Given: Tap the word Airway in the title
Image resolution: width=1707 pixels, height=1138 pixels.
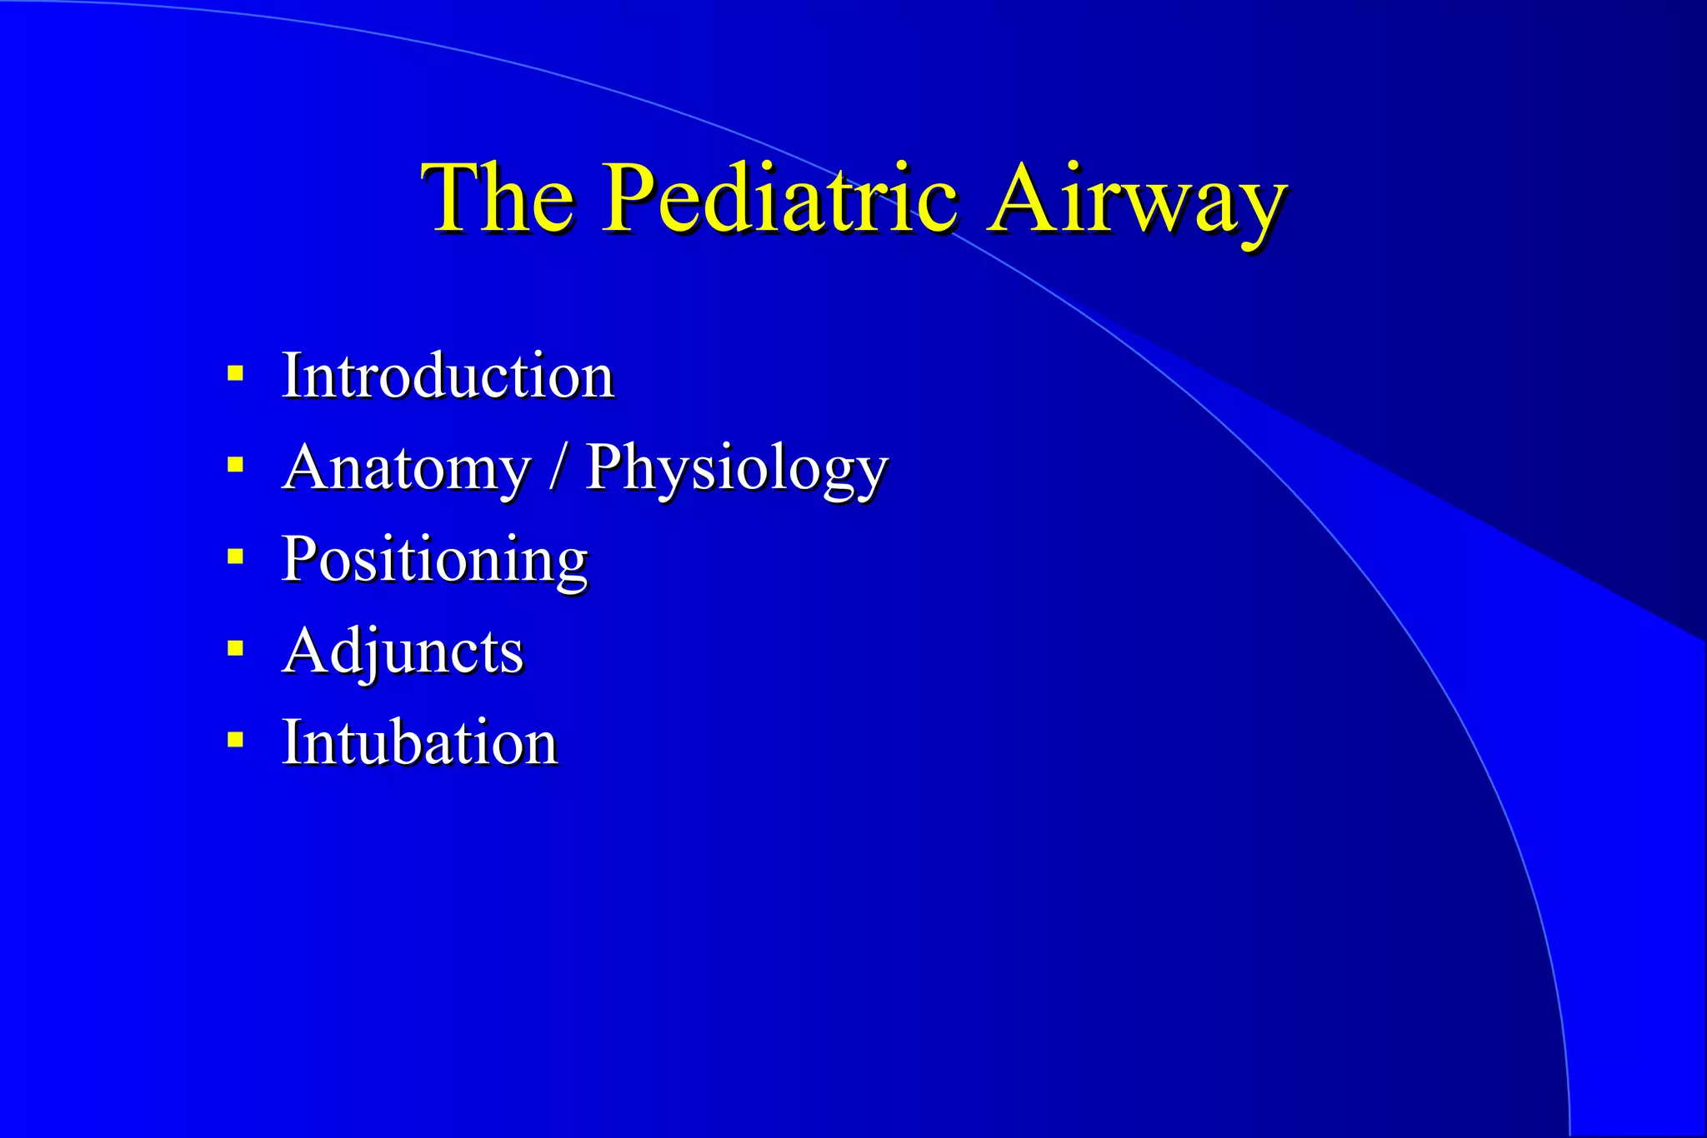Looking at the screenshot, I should click(x=1137, y=200).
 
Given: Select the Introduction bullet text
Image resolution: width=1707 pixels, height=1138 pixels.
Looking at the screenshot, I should click(x=448, y=376).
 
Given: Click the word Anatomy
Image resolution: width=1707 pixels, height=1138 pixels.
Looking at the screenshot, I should click(x=407, y=468).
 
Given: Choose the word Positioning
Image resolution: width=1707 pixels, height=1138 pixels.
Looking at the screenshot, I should click(x=434, y=560).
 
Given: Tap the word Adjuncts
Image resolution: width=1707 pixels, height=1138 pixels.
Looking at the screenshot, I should click(x=403, y=651).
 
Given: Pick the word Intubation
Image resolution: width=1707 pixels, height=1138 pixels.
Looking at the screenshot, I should click(x=419, y=742).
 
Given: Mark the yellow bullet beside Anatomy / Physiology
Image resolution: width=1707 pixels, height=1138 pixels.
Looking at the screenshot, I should click(x=236, y=464).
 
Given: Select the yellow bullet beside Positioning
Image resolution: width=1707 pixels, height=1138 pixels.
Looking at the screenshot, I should click(x=236, y=556).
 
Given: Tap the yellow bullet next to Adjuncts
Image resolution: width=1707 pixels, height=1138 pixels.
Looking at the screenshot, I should click(x=236, y=647).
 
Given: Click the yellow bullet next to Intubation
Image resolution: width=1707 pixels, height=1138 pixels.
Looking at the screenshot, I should click(x=236, y=739).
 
